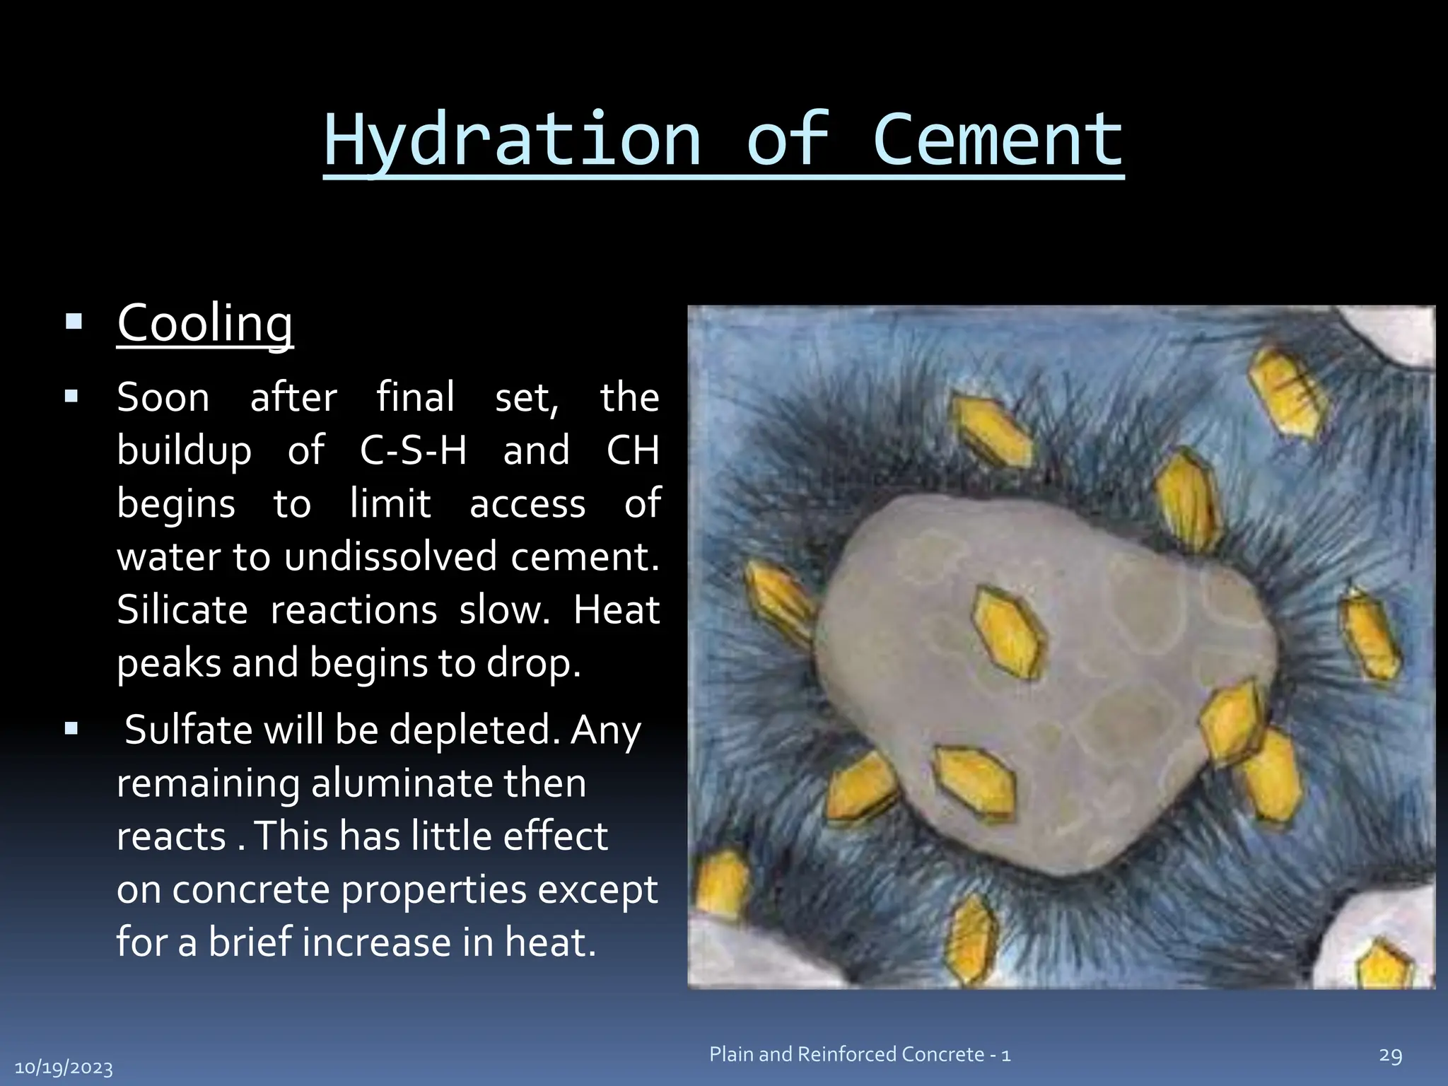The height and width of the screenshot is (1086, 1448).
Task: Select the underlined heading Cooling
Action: click(x=205, y=323)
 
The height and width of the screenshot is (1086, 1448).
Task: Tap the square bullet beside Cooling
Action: click(x=74, y=323)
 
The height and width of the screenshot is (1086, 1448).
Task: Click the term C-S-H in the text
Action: click(x=413, y=450)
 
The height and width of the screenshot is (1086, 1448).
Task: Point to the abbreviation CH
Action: click(x=633, y=450)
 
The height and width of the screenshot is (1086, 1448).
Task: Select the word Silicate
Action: click(x=182, y=609)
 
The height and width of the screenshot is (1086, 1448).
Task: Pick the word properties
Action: click(x=434, y=889)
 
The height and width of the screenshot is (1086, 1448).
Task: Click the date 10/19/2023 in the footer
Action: click(x=64, y=1068)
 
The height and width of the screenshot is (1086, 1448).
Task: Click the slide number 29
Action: click(x=1390, y=1056)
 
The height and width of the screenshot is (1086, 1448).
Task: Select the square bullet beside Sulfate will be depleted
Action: click(x=71, y=729)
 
